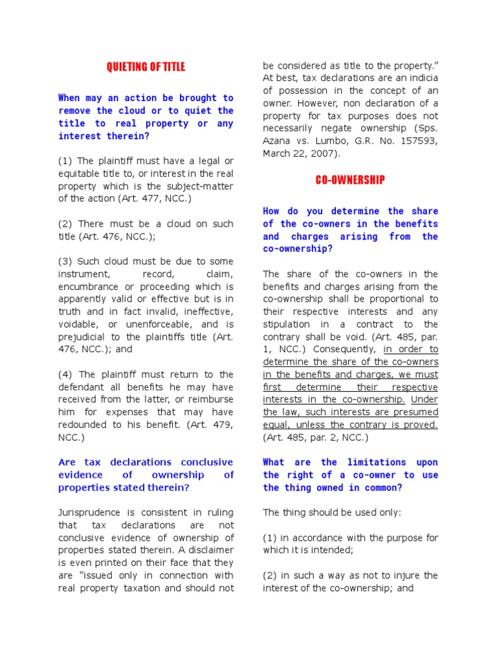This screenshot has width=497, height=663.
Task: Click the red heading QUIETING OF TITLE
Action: coord(146,67)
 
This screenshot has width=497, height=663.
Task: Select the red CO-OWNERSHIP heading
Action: coord(350,180)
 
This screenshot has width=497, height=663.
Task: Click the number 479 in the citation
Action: coord(223,425)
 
